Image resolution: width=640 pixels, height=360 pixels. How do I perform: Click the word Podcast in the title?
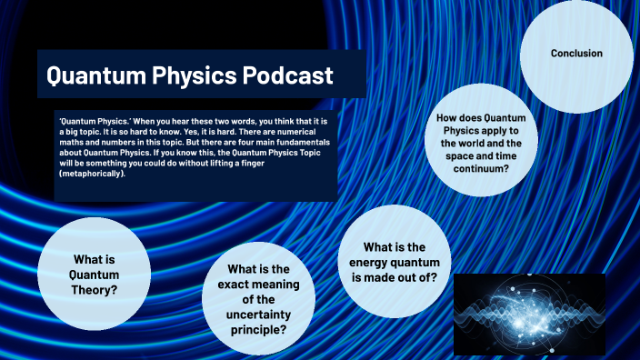[x=287, y=75]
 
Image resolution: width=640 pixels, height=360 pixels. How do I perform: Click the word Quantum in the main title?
[x=94, y=75]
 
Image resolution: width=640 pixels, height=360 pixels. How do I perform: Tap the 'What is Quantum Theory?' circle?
[x=95, y=273]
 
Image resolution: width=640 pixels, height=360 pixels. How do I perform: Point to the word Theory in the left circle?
[x=95, y=290]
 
